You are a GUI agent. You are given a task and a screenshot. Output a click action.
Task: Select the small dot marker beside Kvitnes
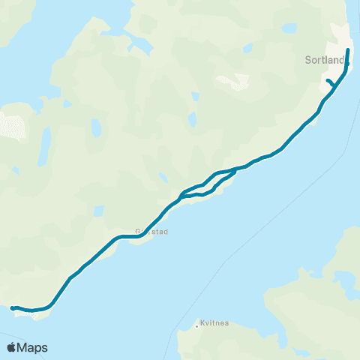pos(196,325)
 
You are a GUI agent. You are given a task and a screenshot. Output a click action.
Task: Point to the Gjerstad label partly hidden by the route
pos(152,232)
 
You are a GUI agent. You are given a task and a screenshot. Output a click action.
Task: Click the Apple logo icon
pos(12,347)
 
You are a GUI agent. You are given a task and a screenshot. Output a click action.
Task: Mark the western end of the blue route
pos(13,307)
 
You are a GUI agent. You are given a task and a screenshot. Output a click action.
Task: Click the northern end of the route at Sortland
pos(349,49)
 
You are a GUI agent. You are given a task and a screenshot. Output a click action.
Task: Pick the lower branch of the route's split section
pos(202,194)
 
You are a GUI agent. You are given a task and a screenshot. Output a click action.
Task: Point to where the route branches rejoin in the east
pos(235,170)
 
